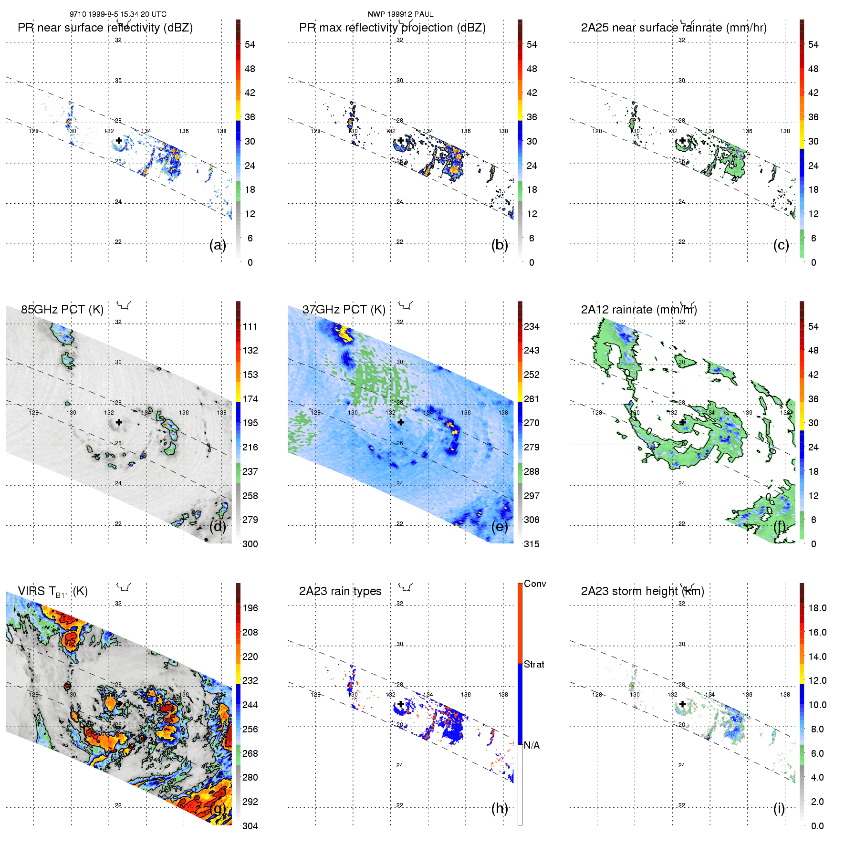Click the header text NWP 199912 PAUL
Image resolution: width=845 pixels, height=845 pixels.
(x=400, y=14)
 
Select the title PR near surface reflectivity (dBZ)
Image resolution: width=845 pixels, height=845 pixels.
(x=105, y=28)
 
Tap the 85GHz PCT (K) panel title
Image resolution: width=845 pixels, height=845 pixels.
(x=62, y=310)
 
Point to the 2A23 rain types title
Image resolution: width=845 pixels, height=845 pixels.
(x=340, y=591)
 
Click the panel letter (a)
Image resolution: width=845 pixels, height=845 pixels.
(x=218, y=245)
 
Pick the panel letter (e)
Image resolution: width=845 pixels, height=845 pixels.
(x=500, y=527)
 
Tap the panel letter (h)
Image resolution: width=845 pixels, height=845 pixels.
(x=500, y=808)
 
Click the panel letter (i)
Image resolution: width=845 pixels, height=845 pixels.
(x=779, y=808)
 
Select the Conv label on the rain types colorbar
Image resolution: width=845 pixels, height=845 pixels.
(x=535, y=584)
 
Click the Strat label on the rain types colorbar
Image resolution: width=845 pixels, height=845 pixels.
(x=534, y=665)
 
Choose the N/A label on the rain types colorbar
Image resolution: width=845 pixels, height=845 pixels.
(x=532, y=745)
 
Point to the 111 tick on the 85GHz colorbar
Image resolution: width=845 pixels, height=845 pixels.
(x=250, y=327)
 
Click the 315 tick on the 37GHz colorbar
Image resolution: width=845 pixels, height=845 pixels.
(x=532, y=544)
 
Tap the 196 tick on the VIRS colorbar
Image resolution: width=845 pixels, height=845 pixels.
(x=250, y=608)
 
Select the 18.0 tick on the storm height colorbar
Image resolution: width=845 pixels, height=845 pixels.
(x=817, y=608)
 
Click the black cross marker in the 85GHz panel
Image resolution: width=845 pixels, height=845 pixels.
(x=119, y=422)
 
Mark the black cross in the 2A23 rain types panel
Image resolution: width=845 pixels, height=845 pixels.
(x=401, y=704)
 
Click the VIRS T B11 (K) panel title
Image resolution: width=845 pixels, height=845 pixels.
(x=52, y=592)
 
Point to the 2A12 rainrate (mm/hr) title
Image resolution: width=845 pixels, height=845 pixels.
(x=639, y=310)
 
